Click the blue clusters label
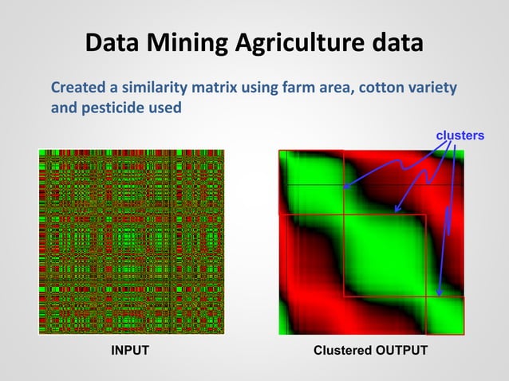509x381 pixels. tap(459, 136)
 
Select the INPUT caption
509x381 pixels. tap(129, 351)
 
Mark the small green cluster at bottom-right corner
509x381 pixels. tap(447, 315)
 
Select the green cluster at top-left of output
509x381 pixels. tap(307, 179)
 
